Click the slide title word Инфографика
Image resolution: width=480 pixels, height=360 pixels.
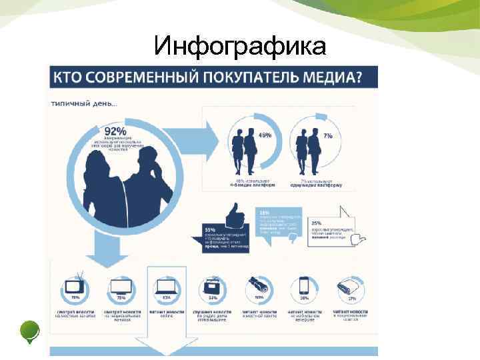coord(240,46)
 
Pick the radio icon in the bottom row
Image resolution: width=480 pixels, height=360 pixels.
coord(211,287)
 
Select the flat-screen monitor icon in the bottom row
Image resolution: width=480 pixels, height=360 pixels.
coord(120,287)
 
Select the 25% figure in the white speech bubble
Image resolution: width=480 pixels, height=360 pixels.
coord(317,223)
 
